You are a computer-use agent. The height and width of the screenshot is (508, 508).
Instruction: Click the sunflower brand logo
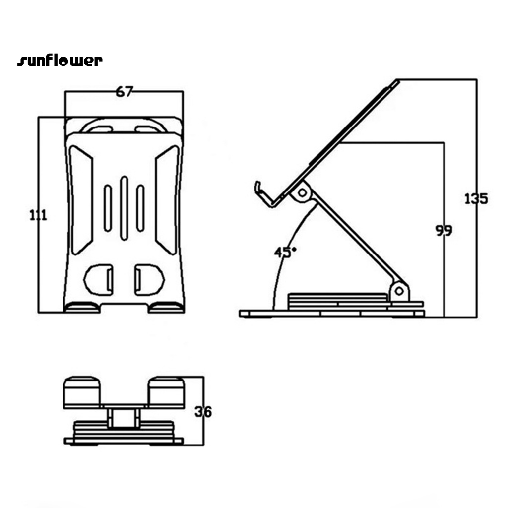click(60, 60)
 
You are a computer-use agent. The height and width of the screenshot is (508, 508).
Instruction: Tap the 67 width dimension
click(125, 92)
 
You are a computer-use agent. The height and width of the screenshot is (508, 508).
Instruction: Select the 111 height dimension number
click(38, 215)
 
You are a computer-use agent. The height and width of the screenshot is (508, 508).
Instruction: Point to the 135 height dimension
click(476, 198)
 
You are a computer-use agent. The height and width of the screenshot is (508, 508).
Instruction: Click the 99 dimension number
click(444, 230)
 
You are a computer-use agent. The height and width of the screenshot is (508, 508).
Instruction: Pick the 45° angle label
click(285, 253)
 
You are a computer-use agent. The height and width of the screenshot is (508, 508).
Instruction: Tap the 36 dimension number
click(203, 412)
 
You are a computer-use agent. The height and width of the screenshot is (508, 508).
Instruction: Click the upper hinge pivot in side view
click(302, 193)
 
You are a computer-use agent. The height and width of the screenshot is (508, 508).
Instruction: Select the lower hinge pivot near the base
click(399, 290)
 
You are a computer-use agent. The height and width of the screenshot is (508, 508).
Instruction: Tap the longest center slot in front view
click(124, 208)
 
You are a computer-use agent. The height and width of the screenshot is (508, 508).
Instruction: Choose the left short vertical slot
click(108, 208)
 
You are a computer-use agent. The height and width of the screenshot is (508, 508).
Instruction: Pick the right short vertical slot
click(140, 208)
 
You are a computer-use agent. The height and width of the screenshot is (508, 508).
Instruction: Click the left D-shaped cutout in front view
click(99, 280)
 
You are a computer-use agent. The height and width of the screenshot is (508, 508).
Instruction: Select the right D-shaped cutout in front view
click(149, 280)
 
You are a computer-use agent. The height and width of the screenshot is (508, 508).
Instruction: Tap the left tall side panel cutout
click(81, 200)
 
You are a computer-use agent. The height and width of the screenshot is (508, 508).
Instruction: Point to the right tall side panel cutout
click(167, 200)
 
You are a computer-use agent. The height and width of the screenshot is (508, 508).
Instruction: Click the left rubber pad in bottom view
click(82, 392)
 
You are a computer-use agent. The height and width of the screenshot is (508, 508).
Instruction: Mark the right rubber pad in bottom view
click(167, 392)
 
